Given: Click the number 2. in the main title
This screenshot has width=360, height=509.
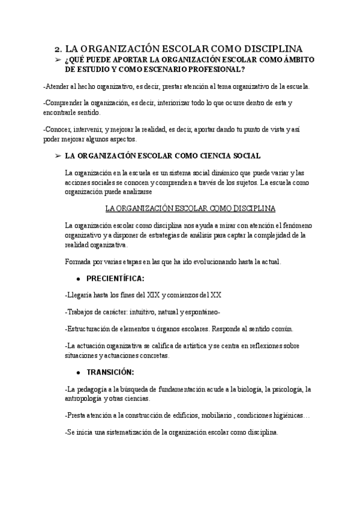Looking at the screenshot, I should tap(58, 49).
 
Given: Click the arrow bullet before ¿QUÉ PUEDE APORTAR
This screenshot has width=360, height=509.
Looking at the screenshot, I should tap(57, 60).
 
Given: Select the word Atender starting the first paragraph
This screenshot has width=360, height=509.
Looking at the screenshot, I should tap(59, 86).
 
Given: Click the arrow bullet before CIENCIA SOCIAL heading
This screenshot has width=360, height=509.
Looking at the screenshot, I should tap(57, 155).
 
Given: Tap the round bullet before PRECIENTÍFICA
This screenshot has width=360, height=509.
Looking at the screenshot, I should tap(79, 279).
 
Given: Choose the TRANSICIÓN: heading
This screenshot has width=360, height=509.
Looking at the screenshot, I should tap(110, 372).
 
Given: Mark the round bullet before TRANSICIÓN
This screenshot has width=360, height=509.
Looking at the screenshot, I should tap(79, 373).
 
